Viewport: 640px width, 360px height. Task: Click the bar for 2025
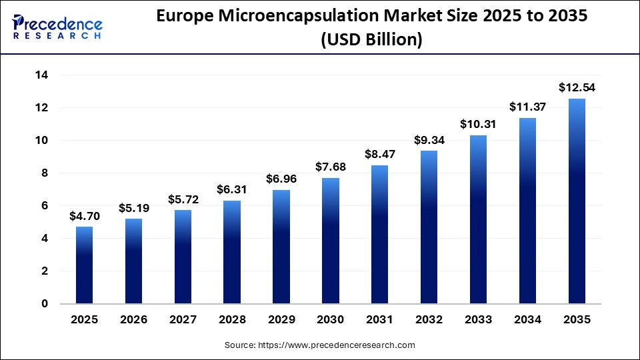pos(84,265)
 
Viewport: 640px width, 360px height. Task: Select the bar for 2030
pos(330,241)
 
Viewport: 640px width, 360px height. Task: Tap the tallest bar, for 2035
pos(577,201)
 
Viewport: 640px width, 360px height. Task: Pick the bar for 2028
pos(232,252)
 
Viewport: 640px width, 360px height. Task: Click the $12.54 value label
pos(577,87)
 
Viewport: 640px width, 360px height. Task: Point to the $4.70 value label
pos(84,215)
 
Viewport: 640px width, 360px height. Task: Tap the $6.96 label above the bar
pos(281,179)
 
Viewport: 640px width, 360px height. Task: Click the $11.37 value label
pos(527,107)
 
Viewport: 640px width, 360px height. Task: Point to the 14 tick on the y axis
pos(41,75)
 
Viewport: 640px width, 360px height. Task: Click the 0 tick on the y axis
pos(45,304)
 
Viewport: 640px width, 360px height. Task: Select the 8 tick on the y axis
pos(45,173)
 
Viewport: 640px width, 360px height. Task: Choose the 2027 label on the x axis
pos(183,320)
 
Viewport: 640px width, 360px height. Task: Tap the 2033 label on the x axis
pos(478,320)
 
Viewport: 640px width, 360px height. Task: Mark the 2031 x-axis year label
pos(379,320)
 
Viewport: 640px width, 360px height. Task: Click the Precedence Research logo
pos(57,27)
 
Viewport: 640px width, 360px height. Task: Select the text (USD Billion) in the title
pos(371,40)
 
